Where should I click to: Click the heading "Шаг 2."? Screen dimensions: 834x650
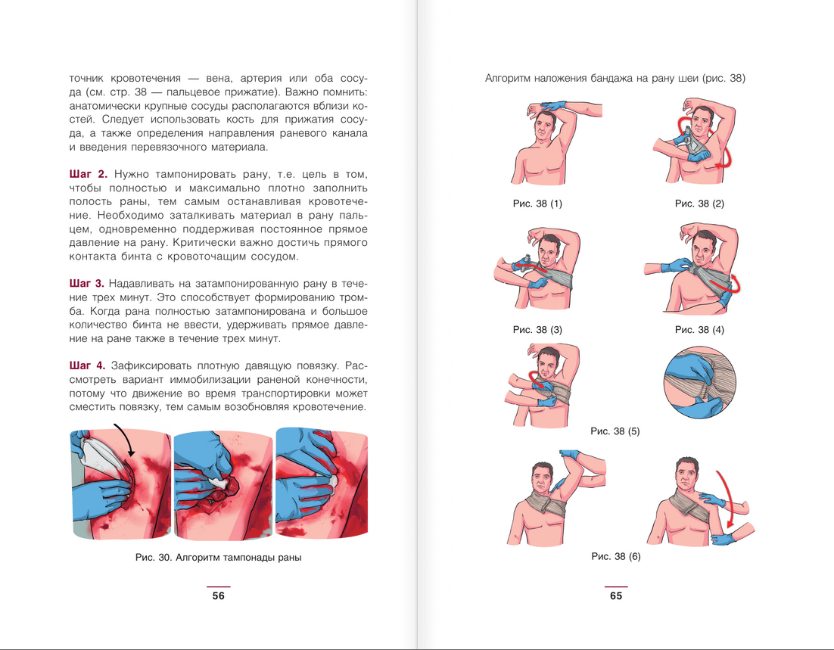coord(89,175)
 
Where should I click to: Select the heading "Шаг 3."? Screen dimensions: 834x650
coord(87,284)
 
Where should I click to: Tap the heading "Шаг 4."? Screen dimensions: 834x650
coord(87,366)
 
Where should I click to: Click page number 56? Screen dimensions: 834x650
coord(219,596)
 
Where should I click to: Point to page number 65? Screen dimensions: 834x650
coord(616,596)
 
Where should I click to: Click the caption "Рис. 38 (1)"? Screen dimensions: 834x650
coord(537,204)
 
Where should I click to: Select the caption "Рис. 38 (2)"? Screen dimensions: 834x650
coord(699,204)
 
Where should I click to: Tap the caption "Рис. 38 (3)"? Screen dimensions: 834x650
coord(537,330)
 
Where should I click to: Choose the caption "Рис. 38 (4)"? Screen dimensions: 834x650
coord(699,330)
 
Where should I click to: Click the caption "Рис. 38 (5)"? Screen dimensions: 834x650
coord(615,431)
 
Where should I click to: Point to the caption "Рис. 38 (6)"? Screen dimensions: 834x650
coord(616,556)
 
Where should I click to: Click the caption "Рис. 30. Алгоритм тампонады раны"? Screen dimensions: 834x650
coord(218,558)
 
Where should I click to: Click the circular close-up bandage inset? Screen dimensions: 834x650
coord(700,383)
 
